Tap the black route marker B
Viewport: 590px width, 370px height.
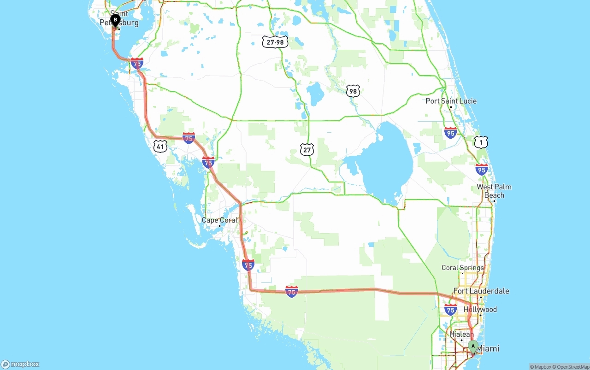click(115, 20)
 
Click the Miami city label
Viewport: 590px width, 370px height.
click(488, 348)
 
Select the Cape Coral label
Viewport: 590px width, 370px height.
click(220, 220)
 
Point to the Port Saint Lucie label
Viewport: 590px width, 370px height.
click(451, 101)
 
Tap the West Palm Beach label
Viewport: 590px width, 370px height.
click(494, 191)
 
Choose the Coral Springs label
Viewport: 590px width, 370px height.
click(463, 268)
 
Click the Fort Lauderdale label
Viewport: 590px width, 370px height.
click(481, 291)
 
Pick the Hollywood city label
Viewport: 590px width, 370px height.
click(480, 309)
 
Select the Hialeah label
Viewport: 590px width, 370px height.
click(461, 334)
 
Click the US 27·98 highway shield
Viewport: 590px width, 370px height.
click(275, 42)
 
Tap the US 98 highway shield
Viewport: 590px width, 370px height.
click(353, 91)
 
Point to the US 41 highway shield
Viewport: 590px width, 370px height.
click(160, 147)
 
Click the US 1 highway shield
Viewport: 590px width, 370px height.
click(481, 142)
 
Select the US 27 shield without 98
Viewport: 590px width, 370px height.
click(307, 149)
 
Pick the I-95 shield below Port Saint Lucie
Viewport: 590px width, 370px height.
click(450, 133)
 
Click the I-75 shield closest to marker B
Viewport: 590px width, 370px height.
click(137, 64)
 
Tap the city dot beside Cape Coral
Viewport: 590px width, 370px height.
click(219, 226)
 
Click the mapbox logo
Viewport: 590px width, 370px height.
click(20, 364)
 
